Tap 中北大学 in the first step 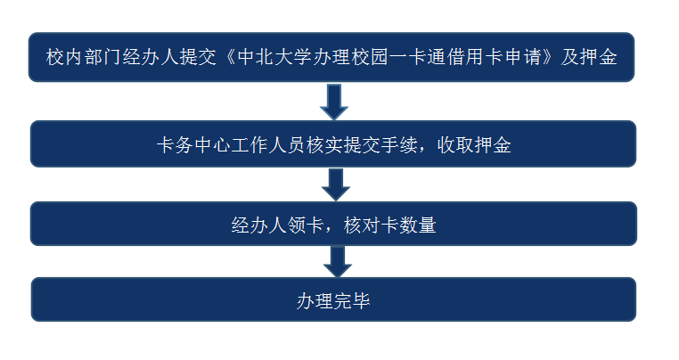point(274,57)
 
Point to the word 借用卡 point(475,57)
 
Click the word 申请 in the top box point(523,57)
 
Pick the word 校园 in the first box point(370,57)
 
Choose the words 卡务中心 point(193,145)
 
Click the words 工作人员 point(268,145)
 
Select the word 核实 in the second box point(324,145)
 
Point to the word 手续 point(399,145)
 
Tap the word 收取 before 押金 point(455,145)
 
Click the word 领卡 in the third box point(307,225)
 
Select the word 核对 point(362,225)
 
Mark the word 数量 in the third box point(418,225)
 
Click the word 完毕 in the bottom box point(352,301)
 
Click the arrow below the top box point(334,102)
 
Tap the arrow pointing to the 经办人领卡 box point(336,185)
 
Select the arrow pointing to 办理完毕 point(338,262)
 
